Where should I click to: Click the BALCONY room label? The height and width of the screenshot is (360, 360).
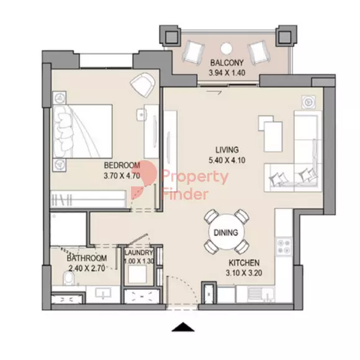point(227,63)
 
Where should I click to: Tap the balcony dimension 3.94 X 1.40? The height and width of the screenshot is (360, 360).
point(227,73)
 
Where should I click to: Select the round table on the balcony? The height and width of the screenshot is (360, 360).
point(227,48)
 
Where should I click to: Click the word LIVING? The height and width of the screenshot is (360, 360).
point(227,150)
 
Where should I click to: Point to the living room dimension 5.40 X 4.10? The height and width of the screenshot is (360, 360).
point(227,160)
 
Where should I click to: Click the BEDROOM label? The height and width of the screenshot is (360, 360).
point(122,165)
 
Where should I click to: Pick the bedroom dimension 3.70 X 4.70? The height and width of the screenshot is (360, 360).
point(122,176)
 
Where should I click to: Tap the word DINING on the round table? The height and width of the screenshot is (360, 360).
point(226,233)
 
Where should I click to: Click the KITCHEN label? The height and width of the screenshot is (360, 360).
point(244,263)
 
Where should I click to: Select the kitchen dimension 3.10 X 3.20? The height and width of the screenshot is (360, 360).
point(244,273)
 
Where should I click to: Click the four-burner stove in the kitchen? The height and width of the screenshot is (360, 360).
point(284,246)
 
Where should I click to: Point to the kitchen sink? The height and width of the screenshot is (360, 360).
point(261,294)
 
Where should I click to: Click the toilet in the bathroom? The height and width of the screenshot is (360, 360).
point(68,279)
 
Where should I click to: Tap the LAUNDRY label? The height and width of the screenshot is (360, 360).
point(138,253)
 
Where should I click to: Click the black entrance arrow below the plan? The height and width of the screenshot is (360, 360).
point(183,327)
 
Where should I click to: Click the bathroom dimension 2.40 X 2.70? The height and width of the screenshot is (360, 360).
point(87,268)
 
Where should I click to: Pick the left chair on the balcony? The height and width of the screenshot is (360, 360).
point(193,53)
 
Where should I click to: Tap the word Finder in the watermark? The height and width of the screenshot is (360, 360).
point(185,194)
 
